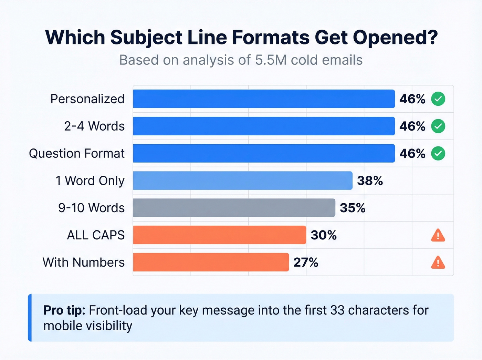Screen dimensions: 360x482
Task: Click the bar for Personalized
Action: tap(264, 99)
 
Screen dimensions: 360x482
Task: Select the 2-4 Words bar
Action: tap(264, 126)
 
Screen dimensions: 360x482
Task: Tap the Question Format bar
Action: tap(264, 153)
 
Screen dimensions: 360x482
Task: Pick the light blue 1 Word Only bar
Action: tap(243, 181)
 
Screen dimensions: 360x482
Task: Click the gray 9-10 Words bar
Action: tap(234, 208)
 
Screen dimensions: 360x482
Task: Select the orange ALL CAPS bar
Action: tap(219, 235)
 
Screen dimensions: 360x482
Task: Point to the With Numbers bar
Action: tap(211, 262)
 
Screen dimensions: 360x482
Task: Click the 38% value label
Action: tap(370, 181)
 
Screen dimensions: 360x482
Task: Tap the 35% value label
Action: tap(353, 208)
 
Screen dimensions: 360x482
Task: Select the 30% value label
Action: tap(324, 235)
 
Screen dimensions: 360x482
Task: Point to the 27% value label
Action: tap(306, 263)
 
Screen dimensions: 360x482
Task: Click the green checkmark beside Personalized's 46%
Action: tap(438, 99)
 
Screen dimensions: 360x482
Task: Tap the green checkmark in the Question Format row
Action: tap(438, 153)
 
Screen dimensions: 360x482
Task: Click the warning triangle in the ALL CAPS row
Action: tap(438, 236)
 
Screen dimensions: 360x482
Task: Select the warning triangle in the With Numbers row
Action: tap(438, 263)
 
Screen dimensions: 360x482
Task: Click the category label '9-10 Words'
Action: tap(91, 208)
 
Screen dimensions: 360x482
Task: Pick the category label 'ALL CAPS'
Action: tap(96, 235)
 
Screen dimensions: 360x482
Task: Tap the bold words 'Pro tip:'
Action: tap(64, 310)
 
